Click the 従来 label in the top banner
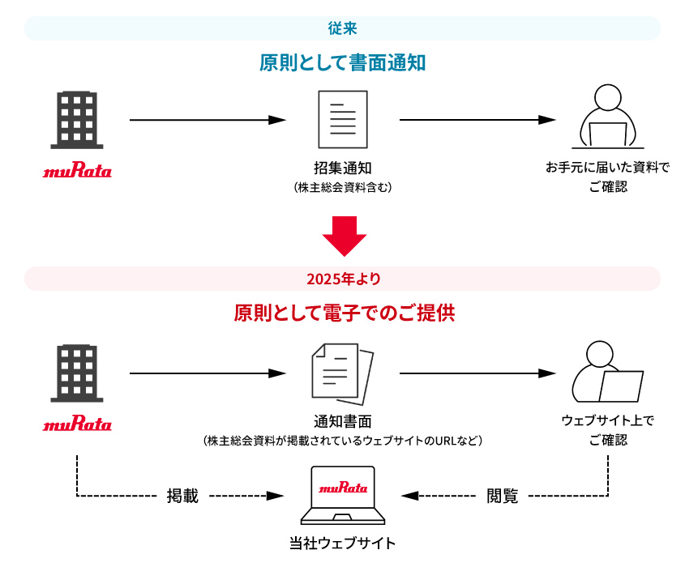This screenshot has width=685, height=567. click(x=342, y=28)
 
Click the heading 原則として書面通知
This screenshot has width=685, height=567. click(x=342, y=63)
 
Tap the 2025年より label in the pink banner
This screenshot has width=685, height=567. click(x=342, y=279)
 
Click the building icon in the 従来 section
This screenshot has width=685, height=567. click(x=77, y=120)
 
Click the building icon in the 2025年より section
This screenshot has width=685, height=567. click(x=77, y=373)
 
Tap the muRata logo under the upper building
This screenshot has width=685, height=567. click(x=77, y=172)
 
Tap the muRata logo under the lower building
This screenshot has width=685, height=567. click(x=77, y=424)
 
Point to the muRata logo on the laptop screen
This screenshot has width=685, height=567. click(x=343, y=488)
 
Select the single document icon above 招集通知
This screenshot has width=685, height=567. click(x=343, y=119)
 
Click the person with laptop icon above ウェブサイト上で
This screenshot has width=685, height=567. click(x=607, y=372)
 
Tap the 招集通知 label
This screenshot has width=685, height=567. click(x=343, y=168)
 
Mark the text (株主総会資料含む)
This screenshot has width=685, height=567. click(x=343, y=188)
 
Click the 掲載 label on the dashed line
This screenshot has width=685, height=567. click(x=182, y=496)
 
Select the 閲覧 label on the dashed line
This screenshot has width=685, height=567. click(x=502, y=496)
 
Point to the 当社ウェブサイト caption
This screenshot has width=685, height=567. click(x=343, y=543)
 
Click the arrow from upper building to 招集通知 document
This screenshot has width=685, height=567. click(x=208, y=120)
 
